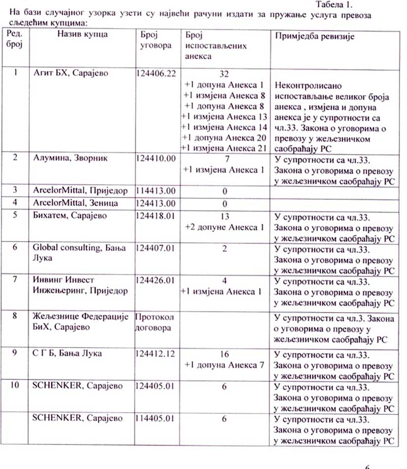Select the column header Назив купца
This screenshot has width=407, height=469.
(x=82, y=35)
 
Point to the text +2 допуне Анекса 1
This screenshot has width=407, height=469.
(x=224, y=227)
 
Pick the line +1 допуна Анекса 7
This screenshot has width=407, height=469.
(x=224, y=365)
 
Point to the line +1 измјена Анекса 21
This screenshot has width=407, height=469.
(x=224, y=148)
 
